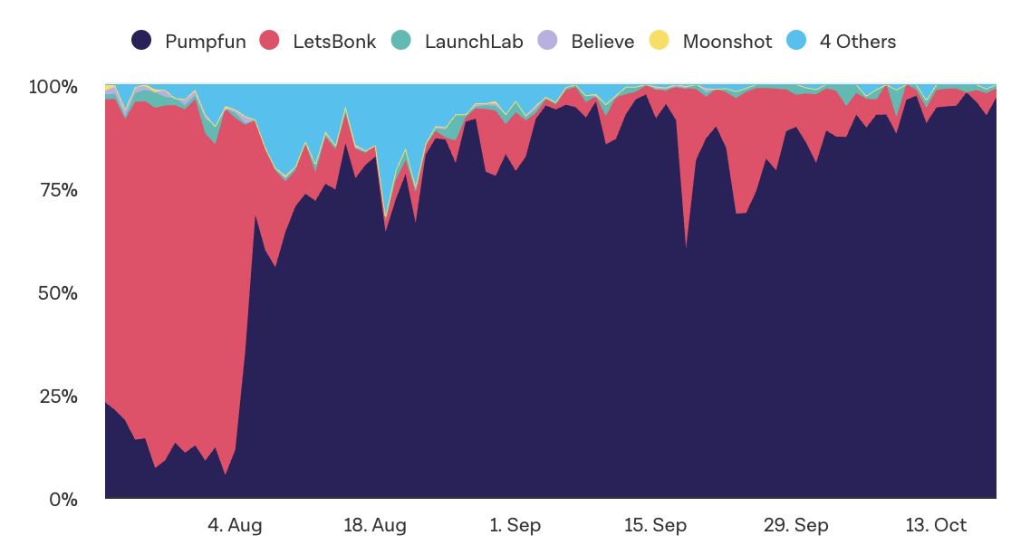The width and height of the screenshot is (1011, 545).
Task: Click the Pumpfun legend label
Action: pos(205,42)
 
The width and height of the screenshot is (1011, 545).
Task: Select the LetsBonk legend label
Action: pos(334,42)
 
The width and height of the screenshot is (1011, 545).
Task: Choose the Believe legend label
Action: pos(602,42)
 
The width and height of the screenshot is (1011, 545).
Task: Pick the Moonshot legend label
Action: pos(727,42)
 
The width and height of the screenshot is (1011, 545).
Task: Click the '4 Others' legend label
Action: pos(857,42)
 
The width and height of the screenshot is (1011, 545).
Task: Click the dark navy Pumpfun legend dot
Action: pos(141,41)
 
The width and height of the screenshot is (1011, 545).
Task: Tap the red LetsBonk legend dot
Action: pos(269,41)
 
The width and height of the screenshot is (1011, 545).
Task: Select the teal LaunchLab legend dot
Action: pos(401,41)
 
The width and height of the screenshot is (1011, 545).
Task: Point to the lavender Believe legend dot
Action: pos(547,41)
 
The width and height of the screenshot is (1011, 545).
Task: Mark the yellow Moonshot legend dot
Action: pos(660,41)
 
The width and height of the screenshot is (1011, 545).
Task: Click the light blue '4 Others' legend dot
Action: pos(797,41)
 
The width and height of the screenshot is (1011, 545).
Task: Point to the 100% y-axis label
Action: pos(53,87)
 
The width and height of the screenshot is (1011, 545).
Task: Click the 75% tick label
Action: pos(57,190)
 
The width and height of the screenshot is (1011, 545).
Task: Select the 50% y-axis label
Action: pos(57,293)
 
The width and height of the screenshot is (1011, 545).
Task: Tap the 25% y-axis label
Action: pos(57,397)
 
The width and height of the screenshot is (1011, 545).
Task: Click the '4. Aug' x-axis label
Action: pos(235,525)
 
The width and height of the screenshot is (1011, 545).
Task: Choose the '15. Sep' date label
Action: pos(656,525)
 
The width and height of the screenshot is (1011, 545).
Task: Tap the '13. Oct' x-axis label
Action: pos(937,525)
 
